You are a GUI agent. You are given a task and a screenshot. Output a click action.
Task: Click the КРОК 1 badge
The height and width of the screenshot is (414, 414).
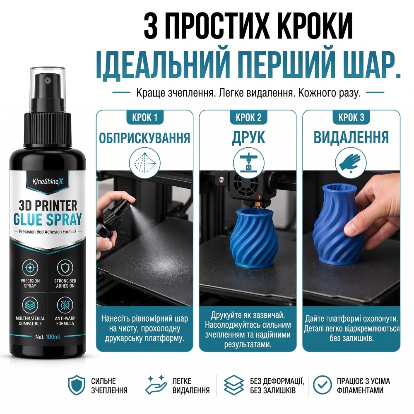tap(144, 117)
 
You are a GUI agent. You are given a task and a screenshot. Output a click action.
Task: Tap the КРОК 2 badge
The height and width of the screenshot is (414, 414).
tap(248, 117)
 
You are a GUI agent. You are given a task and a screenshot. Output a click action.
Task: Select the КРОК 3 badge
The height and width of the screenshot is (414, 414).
tap(351, 117)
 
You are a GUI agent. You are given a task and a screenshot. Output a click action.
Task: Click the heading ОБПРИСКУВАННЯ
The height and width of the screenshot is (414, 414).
tap(144, 138)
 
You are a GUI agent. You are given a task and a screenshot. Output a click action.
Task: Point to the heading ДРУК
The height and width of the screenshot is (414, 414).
tap(248, 137)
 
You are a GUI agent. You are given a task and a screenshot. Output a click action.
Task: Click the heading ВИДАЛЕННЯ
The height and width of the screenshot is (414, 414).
tap(351, 137)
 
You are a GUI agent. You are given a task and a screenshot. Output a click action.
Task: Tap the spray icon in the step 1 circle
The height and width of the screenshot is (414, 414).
tap(144, 163)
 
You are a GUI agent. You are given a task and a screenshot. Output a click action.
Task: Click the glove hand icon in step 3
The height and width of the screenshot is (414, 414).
tap(350, 162)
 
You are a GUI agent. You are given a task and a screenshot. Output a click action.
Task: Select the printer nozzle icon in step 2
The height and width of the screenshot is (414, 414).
tap(248, 162)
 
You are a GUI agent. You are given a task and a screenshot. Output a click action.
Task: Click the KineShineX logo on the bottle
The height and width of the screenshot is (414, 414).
tap(48, 181)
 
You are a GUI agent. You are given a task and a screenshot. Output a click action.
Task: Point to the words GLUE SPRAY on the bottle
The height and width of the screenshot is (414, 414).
tap(48, 220)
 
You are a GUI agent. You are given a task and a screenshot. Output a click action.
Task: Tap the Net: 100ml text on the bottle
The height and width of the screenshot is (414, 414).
tap(48, 337)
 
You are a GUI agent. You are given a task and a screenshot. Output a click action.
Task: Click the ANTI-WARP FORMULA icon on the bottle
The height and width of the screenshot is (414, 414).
tap(65, 305)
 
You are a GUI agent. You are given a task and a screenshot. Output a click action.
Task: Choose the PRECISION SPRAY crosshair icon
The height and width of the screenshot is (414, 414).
tap(30, 268)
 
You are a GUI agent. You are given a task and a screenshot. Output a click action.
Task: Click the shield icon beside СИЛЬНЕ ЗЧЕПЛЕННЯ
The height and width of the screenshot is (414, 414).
tap(77, 385)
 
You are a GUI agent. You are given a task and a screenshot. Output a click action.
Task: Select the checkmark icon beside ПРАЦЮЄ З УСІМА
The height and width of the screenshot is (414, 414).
tap(322, 385)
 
